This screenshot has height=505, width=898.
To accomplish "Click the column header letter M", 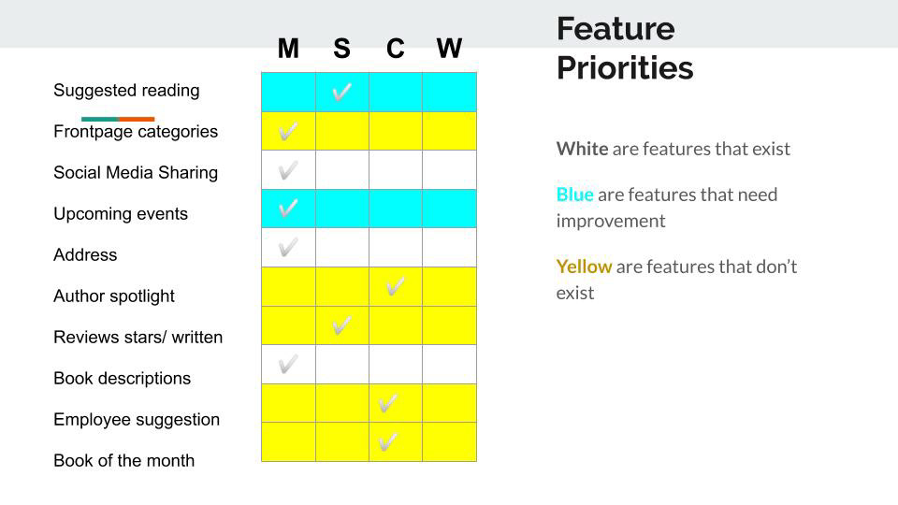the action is [288, 48].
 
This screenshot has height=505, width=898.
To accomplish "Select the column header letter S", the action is [342, 48].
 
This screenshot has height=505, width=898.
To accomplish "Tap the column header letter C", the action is [395, 48].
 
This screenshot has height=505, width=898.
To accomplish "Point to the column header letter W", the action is [449, 48].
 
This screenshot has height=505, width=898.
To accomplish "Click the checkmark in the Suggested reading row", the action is [342, 92].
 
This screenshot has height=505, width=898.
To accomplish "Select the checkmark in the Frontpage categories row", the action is [288, 131].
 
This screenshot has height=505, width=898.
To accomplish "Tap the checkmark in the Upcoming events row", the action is [288, 208].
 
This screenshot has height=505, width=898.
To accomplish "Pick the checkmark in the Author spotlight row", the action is [395, 286].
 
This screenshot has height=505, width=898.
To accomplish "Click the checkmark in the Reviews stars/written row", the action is [342, 325].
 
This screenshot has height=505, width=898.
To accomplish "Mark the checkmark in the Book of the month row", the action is [387, 442].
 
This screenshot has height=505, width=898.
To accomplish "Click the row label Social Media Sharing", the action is [136, 172].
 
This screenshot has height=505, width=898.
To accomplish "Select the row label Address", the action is [85, 254].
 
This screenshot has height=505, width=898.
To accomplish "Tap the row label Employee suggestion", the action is [137, 420].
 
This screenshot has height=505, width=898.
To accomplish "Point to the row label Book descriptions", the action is [122, 379].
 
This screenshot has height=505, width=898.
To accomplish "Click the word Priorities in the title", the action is [625, 68].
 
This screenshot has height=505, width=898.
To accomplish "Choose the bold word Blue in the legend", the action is [575, 195].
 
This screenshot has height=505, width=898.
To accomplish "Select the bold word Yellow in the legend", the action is [584, 267].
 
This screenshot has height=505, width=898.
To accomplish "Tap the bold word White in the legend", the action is [583, 149].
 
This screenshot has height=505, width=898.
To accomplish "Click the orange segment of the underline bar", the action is [137, 119].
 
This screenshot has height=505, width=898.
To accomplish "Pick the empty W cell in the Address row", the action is [450, 247].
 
